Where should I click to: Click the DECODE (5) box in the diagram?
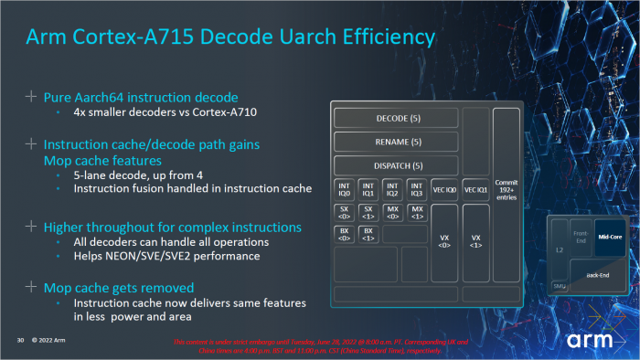[x=397, y=118]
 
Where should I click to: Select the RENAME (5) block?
[x=397, y=142]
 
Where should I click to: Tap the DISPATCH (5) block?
[x=397, y=165]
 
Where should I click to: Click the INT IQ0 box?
[x=345, y=189]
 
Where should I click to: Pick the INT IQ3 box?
[x=416, y=189]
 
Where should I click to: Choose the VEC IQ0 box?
[x=443, y=189]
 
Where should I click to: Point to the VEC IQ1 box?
[x=475, y=189]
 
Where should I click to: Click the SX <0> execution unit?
[x=345, y=212]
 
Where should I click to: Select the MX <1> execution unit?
[x=416, y=212]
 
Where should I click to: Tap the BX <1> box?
[x=368, y=234]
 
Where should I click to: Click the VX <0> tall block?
[x=443, y=244]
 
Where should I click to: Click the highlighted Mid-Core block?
[x=613, y=235]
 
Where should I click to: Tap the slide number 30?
[x=19, y=340]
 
